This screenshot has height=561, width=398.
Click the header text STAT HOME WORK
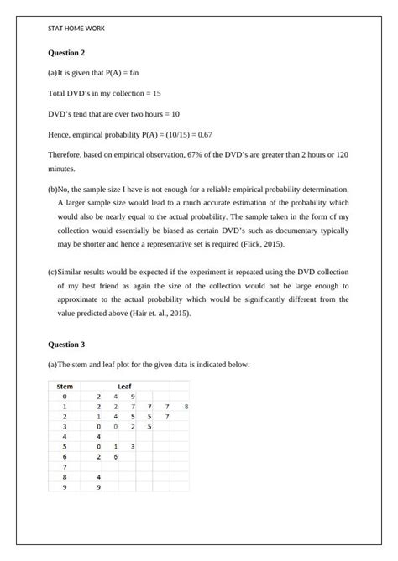coord(77,28)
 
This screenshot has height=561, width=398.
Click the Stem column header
coord(65,387)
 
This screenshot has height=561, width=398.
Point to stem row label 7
coord(65,466)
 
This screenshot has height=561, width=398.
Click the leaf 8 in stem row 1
coord(186,406)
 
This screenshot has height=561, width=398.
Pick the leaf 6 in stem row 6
coord(116,456)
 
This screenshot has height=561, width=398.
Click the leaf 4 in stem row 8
coord(99,476)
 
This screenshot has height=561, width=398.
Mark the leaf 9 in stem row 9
coord(99,486)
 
